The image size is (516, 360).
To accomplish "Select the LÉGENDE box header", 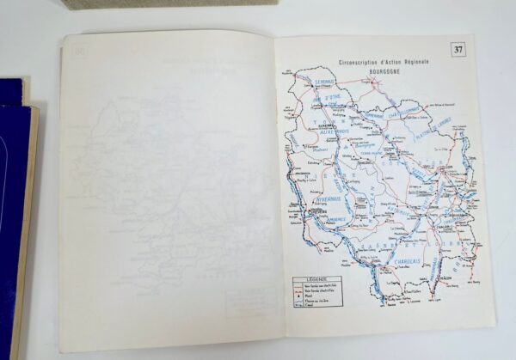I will pyautogui.click(x=311, y=278).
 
